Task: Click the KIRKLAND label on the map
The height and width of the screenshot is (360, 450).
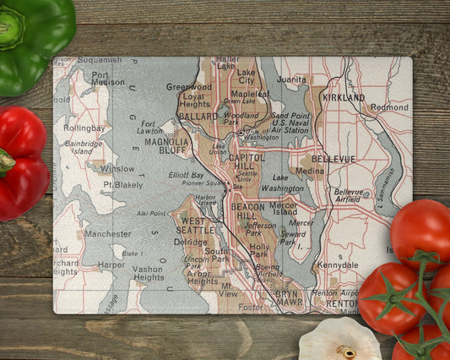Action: click(343, 97)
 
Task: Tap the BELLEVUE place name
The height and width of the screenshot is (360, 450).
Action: click(333, 158)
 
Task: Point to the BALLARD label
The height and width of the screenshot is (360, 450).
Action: click(198, 116)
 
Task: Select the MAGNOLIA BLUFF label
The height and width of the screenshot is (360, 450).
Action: click(166, 147)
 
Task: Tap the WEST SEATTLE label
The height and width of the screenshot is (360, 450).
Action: click(196, 226)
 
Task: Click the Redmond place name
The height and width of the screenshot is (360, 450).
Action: click(389, 107)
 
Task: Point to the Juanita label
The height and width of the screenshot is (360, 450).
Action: click(291, 79)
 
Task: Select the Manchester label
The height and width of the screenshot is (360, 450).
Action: click(108, 233)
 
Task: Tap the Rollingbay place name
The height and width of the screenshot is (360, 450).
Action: click(84, 128)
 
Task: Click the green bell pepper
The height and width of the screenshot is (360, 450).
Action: click(32, 38)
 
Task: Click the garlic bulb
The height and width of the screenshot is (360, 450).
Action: click(340, 340)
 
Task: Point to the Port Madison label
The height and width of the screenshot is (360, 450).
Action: click(106, 78)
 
